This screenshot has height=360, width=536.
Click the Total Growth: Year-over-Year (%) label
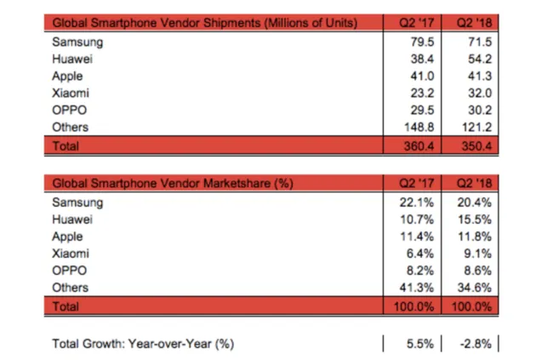[143, 343]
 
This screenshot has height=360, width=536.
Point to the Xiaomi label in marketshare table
[71, 254]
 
